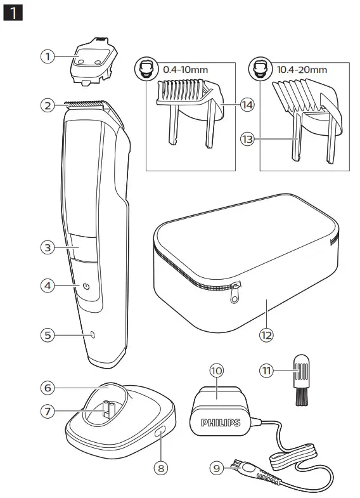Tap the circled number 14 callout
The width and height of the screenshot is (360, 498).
pyautogui.click(x=247, y=105)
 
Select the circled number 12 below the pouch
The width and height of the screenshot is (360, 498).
pyautogui.click(x=267, y=334)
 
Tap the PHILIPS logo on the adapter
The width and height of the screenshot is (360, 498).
pyautogui.click(x=221, y=422)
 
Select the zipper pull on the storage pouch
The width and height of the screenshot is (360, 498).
pyautogui.click(x=235, y=292)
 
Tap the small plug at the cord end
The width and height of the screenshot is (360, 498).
pyautogui.click(x=241, y=468)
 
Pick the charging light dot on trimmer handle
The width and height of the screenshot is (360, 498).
pyautogui.click(x=91, y=335)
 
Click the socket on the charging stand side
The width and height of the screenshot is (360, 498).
pyautogui.click(x=160, y=433)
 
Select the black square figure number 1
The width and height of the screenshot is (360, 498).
pyautogui.click(x=14, y=13)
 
